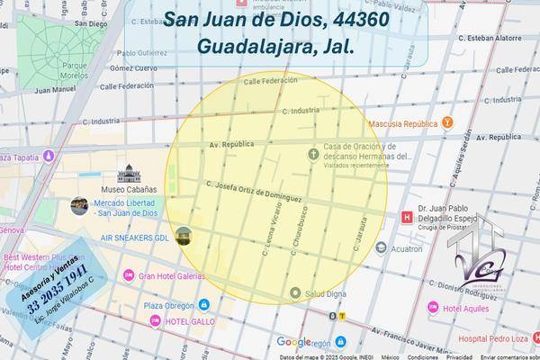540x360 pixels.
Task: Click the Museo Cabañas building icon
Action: (126, 172)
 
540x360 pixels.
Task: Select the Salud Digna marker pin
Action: (295, 292)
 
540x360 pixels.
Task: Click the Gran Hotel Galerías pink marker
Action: (129, 274)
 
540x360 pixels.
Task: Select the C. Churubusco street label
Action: (298, 239)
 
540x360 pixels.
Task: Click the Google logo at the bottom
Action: (293, 342)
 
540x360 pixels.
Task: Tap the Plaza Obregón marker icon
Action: (122, 305)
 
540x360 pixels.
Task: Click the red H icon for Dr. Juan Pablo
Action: (407, 216)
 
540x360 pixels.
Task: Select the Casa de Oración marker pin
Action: (313, 152)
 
